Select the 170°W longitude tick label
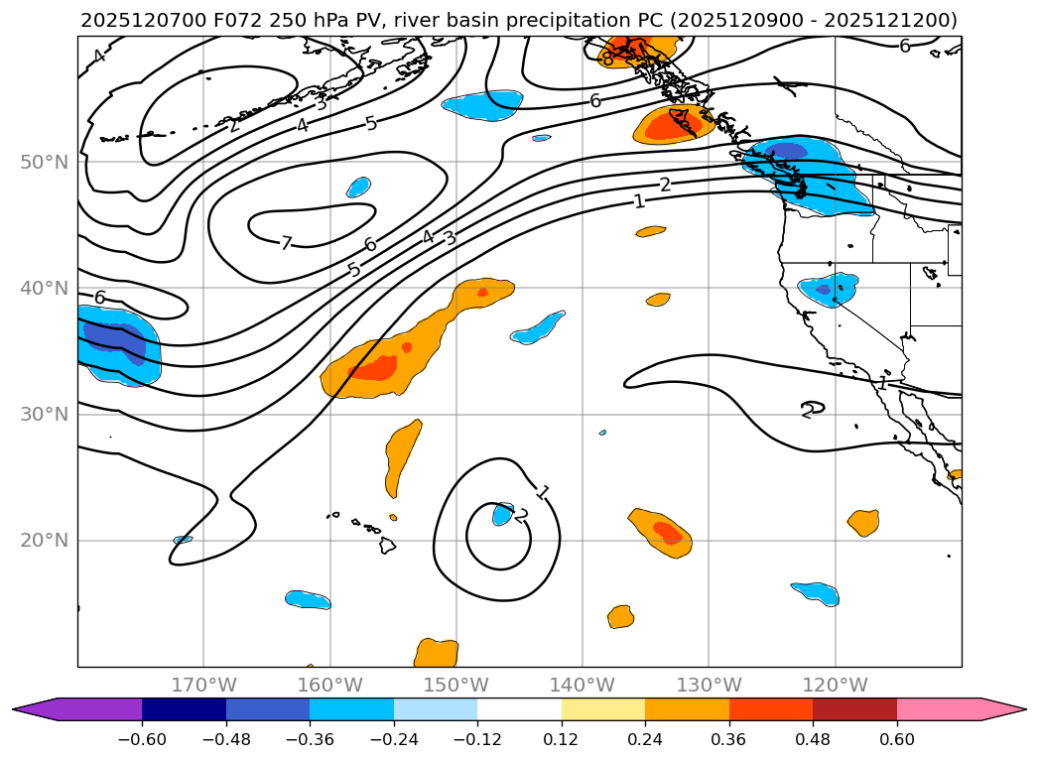203,685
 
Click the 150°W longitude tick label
455,685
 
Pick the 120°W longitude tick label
835,685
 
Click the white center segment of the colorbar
519,709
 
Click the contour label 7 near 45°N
286,244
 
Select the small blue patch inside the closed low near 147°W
503,514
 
